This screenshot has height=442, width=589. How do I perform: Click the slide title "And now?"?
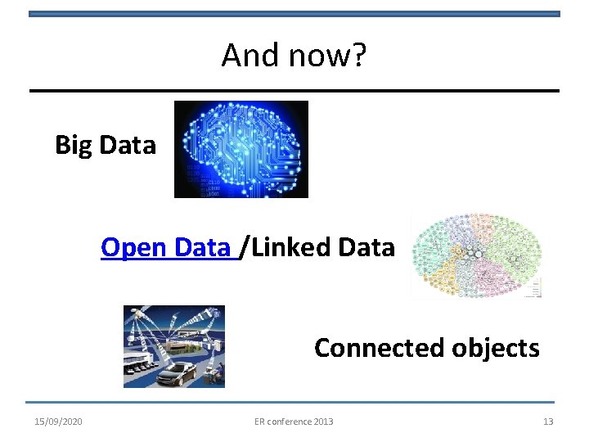pyautogui.click(x=294, y=56)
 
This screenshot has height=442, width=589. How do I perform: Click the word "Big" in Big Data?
pyautogui.click(x=74, y=145)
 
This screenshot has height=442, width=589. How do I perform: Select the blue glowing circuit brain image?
pyautogui.click(x=241, y=149)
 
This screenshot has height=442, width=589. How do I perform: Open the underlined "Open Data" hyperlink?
pyautogui.click(x=166, y=246)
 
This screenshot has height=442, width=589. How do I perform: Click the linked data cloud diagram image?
pyautogui.click(x=476, y=256)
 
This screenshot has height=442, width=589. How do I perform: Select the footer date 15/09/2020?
pyautogui.click(x=58, y=422)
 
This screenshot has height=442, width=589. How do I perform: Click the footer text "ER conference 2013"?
pyautogui.click(x=294, y=422)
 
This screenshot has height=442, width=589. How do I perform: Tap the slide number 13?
pyautogui.click(x=548, y=422)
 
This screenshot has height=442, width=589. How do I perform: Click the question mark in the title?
pyautogui.click(x=360, y=56)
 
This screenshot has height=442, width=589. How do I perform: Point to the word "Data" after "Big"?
pyautogui.click(x=127, y=145)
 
